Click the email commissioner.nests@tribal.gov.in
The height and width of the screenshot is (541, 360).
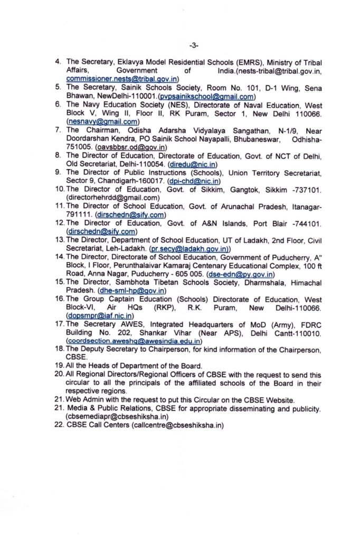click(x=124, y=79)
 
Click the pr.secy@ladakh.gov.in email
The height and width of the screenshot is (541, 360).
click(x=188, y=248)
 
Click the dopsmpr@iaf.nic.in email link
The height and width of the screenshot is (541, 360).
click(x=99, y=316)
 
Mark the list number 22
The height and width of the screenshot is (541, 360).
click(x=59, y=425)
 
